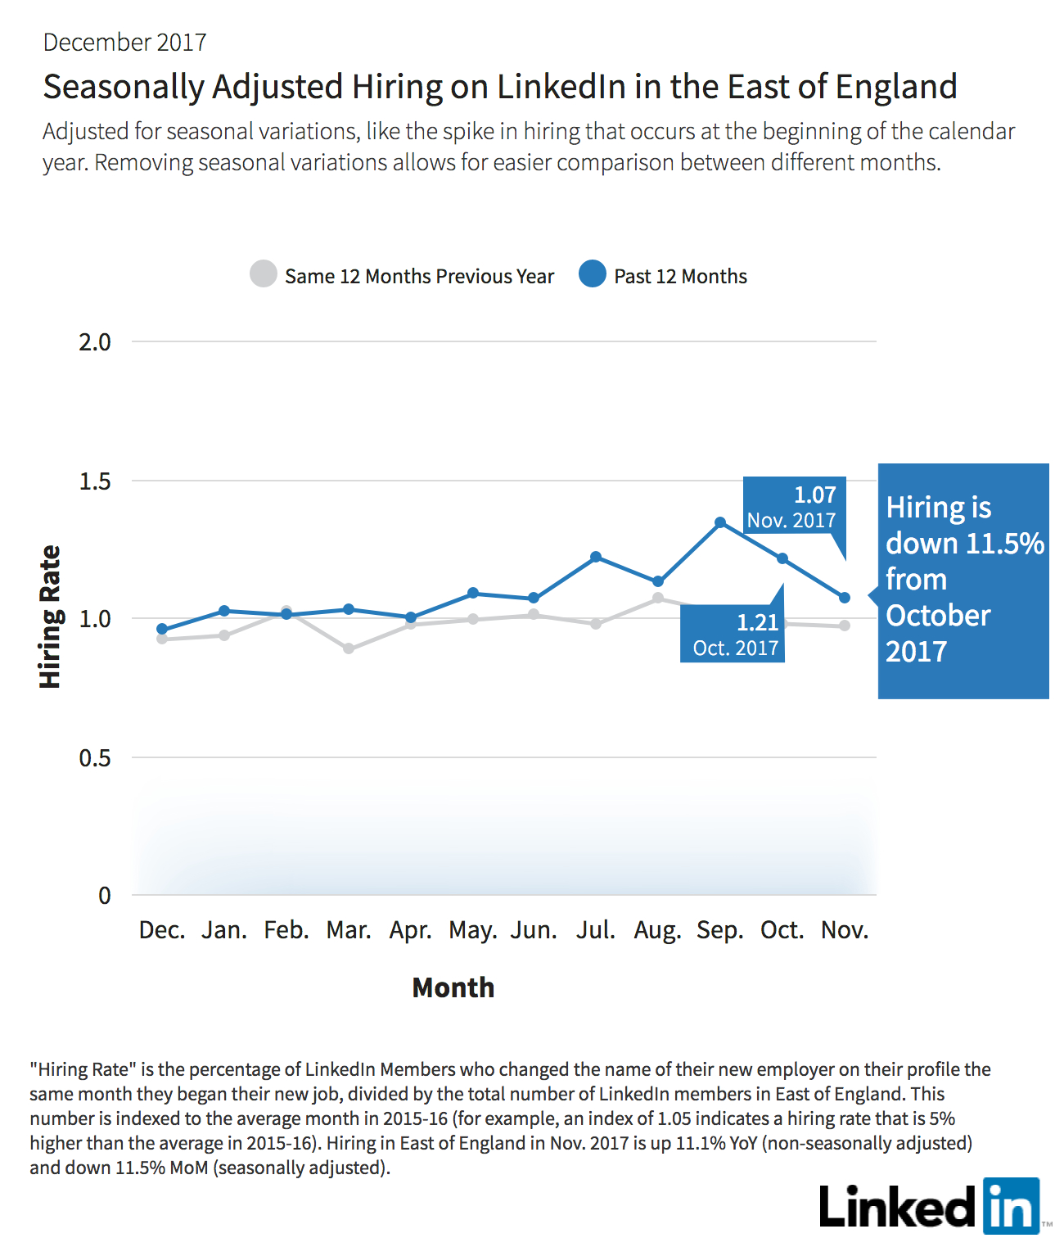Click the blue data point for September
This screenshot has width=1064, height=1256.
point(719,522)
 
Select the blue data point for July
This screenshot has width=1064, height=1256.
point(596,557)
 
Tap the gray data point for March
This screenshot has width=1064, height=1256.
point(349,648)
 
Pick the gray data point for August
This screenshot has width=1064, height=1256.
point(658,598)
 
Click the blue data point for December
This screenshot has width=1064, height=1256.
point(162,629)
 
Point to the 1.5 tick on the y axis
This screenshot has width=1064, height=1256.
point(95,481)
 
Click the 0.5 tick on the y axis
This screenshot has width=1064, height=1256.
point(95,757)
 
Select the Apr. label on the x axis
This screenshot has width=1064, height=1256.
point(411,930)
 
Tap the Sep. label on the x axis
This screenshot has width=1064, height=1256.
point(719,930)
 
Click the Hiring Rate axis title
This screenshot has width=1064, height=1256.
point(50,617)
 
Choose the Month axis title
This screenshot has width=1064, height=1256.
point(453,987)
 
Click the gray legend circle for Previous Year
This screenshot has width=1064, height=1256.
point(264,274)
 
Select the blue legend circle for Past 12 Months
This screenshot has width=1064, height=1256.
point(592,274)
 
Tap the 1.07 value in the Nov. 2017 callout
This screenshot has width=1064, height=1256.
point(815,495)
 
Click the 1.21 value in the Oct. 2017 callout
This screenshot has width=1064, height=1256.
point(757,622)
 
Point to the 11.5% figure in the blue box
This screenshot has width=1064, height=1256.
point(1004,543)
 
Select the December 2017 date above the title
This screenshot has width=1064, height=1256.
point(125,43)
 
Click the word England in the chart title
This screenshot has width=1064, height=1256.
point(896,87)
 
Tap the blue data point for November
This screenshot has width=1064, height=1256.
point(844,598)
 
